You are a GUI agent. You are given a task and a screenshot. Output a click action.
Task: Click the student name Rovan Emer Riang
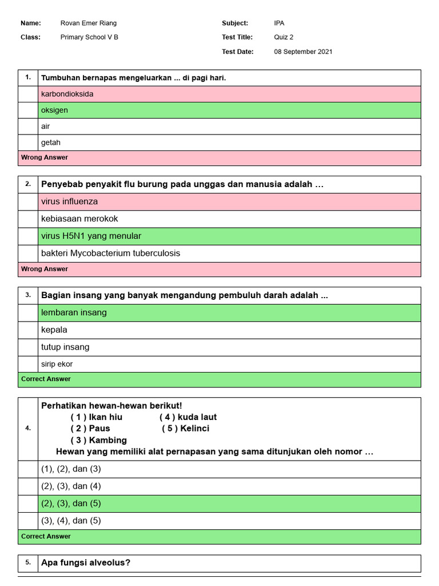[88, 23]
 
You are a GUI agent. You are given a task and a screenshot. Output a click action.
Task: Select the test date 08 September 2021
[303, 52]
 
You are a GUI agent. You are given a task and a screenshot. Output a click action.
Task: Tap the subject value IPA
[279, 23]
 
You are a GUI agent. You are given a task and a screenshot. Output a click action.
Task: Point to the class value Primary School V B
[89, 37]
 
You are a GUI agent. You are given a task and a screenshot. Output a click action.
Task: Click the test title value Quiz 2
[284, 37]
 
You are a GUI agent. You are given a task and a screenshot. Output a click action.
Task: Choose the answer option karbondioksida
[67, 94]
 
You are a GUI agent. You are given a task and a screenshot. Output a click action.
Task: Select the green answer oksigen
[54, 110]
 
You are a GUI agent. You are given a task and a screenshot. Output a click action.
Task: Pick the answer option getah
[51, 142]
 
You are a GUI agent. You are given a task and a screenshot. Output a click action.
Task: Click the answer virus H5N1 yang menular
[91, 236]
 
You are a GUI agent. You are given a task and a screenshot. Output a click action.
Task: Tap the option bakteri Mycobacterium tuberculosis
[110, 253]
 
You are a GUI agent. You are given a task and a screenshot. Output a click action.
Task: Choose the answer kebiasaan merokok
[79, 219]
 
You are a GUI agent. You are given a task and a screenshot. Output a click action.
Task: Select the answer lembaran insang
[74, 312]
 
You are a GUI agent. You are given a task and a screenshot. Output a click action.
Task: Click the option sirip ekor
[57, 364]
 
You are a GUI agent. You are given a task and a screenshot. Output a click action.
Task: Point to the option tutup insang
[65, 347]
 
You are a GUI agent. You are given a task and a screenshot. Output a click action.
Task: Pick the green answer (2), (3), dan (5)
[71, 504]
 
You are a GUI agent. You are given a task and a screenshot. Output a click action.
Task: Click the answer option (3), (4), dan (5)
[71, 521]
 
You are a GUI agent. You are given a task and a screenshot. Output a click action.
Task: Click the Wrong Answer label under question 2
[45, 269]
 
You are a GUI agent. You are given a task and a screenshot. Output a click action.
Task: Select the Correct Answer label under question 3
[46, 379]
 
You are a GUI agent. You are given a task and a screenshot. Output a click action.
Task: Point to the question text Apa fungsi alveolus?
[86, 563]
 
